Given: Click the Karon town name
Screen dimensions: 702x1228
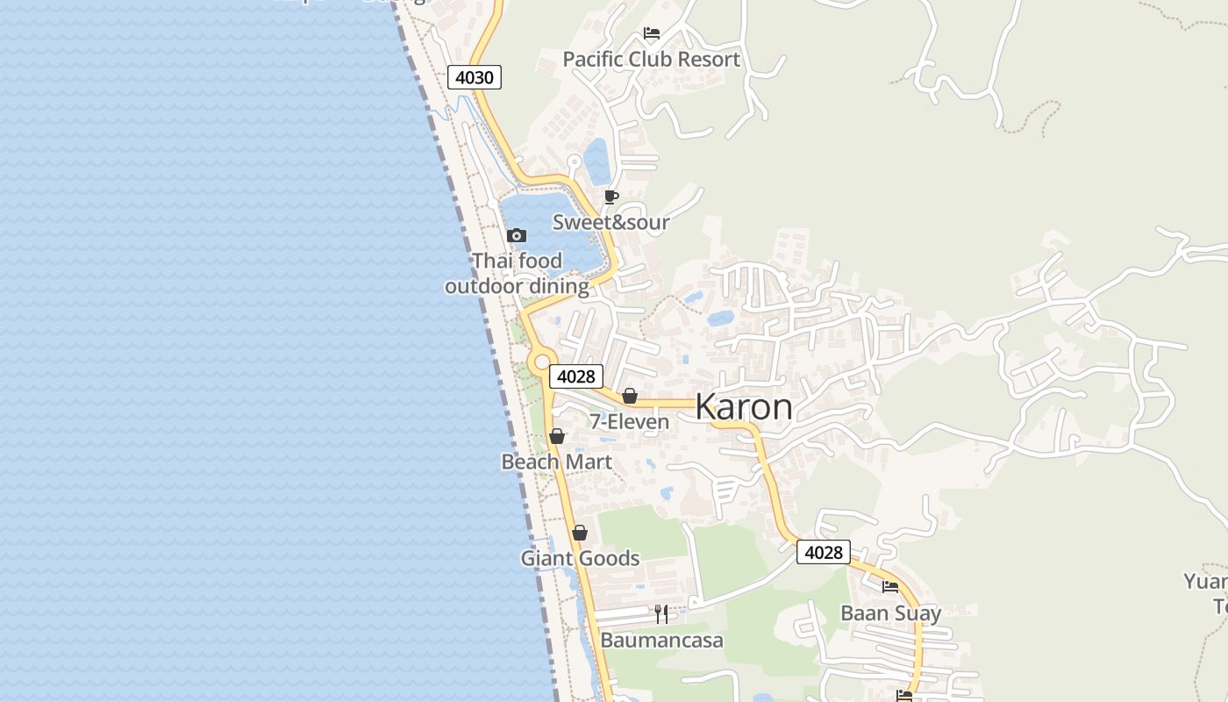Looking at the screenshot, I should coord(744,407).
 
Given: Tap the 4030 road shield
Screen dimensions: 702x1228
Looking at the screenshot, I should coord(475,77).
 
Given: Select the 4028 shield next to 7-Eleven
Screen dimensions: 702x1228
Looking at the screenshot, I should coord(576,376).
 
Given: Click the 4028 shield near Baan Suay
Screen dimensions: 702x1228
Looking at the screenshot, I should coord(824,552).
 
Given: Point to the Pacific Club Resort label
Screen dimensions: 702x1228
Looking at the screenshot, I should coord(651,60).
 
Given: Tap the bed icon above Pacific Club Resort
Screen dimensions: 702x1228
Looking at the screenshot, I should coord(652,34).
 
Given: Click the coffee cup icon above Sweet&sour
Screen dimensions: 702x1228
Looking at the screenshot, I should coord(611,197).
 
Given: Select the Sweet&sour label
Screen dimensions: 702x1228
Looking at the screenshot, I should coord(610,223).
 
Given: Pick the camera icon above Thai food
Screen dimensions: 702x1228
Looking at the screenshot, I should coord(517,235).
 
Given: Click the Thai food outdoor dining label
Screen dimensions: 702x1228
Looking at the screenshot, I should coord(517,274).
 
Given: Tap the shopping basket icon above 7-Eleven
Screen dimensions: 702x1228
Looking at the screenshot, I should coord(629,396).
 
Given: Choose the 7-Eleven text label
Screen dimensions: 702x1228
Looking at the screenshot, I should coord(629,422).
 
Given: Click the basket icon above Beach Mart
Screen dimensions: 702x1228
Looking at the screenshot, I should coord(557,436).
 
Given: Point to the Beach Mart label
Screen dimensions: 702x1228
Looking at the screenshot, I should coord(557,462).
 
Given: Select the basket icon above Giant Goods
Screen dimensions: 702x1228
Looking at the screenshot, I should coord(580,533).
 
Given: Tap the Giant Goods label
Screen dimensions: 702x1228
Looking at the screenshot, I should coord(580,558).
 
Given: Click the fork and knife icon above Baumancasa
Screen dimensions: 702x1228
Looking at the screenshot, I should coord(661,613).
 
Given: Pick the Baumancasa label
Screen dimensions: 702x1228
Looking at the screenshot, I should coord(661,641).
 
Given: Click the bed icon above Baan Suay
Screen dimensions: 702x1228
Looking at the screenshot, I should coord(890,587).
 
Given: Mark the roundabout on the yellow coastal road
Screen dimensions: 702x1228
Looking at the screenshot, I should coord(541,361).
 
